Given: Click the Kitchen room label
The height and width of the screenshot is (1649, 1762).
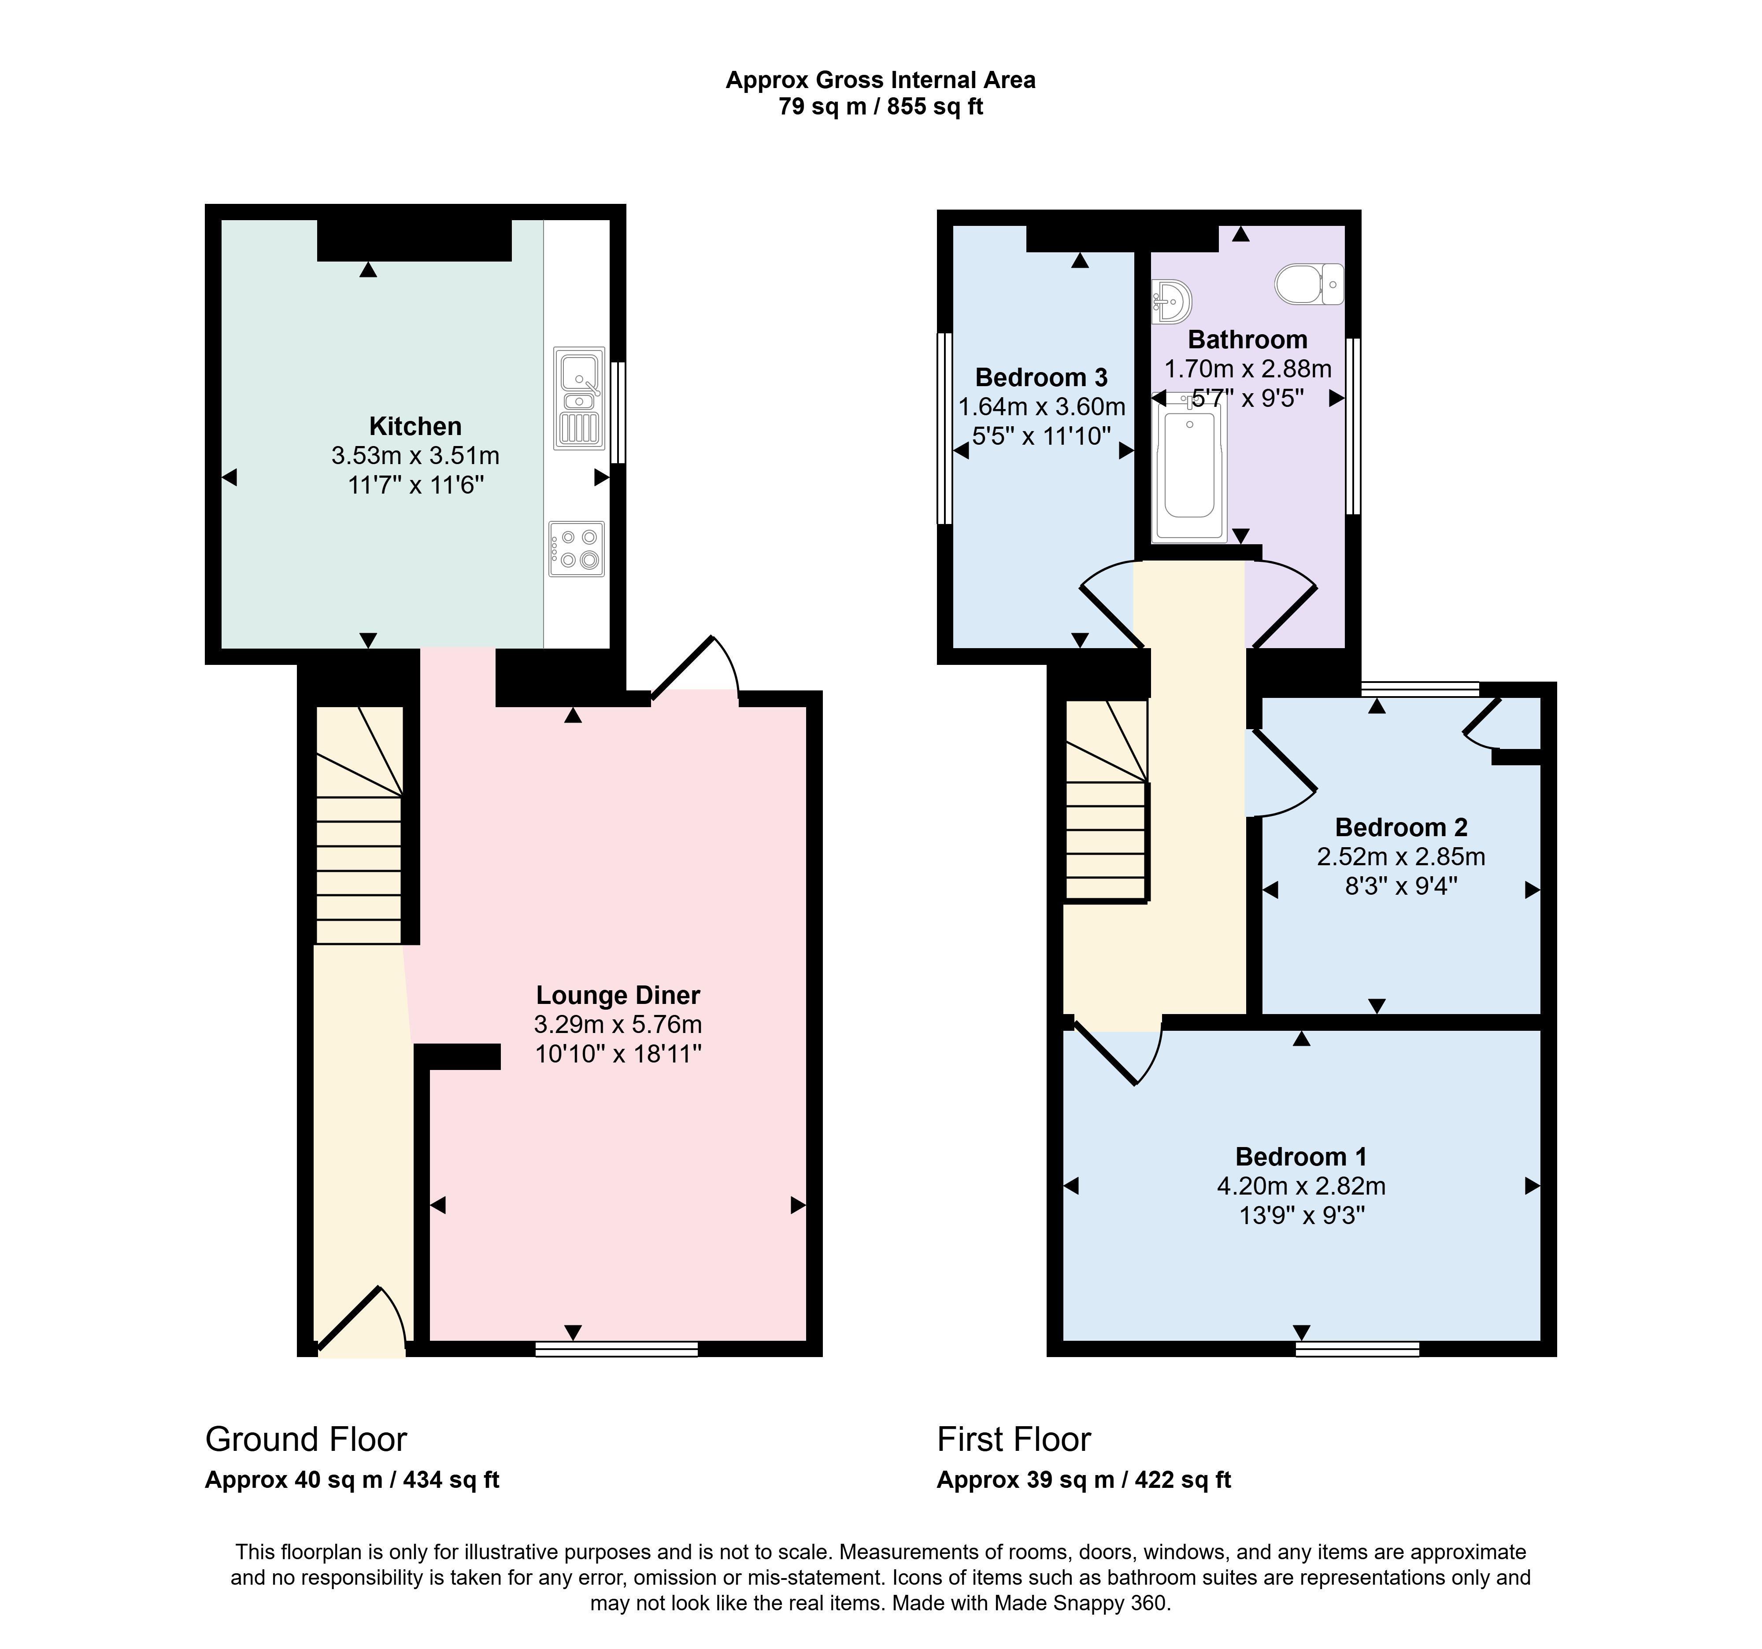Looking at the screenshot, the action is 415,426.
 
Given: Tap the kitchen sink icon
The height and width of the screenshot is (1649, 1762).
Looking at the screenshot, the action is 579,398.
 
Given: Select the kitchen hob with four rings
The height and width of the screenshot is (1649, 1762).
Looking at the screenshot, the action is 576,549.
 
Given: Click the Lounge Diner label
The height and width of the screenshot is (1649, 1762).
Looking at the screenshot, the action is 618,995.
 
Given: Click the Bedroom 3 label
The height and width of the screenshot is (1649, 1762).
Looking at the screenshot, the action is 1041,377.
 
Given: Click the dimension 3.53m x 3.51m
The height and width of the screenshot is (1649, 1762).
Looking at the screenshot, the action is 415,455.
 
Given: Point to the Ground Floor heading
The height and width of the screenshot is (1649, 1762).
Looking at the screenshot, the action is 306,1439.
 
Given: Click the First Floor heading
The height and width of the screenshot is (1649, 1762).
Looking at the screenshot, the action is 1014,1439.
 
